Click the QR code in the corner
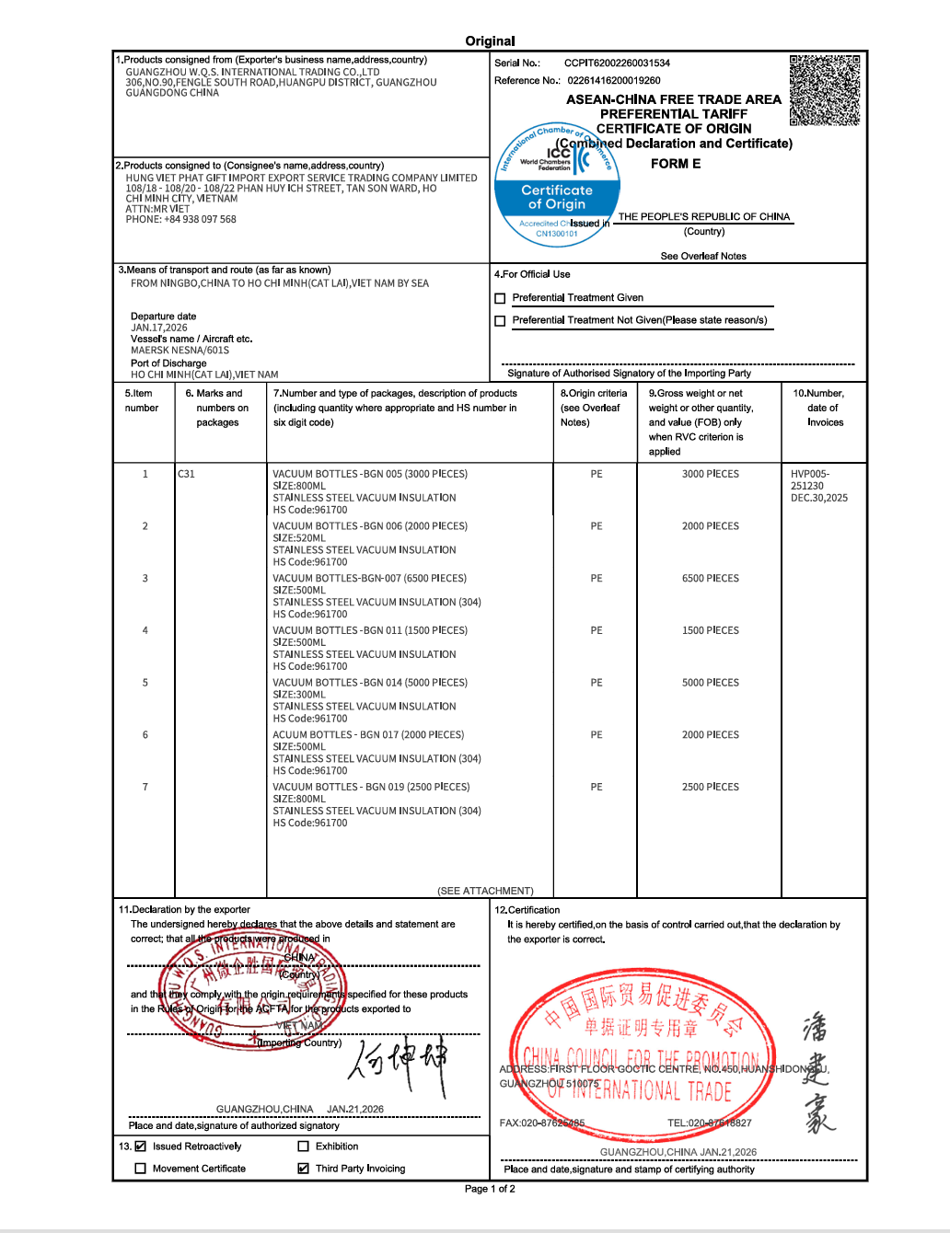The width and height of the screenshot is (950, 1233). pos(825,89)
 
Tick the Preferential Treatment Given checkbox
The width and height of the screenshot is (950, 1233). pos(500,298)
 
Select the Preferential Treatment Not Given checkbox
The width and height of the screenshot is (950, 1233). pos(500,321)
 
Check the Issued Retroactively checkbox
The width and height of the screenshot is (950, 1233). pos(141,1147)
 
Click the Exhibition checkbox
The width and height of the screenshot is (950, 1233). pos(303,1147)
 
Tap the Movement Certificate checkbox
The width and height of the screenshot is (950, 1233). pos(141,1169)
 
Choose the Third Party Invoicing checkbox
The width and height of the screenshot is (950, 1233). pos(303,1169)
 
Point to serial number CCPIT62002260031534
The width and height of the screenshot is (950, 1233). pos(617,63)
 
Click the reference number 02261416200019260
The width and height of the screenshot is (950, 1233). pos(613,81)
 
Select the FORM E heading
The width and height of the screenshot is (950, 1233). pos(675,164)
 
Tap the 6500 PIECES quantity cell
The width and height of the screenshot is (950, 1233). pos(710,579)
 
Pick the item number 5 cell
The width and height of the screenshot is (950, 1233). pos(145,683)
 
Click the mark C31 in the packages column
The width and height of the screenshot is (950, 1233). pos(186,475)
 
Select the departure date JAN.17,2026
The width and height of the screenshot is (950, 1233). pos(158,328)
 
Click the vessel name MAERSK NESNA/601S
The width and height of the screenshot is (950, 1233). pos(180,351)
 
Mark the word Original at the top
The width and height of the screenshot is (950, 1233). pos(490,41)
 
